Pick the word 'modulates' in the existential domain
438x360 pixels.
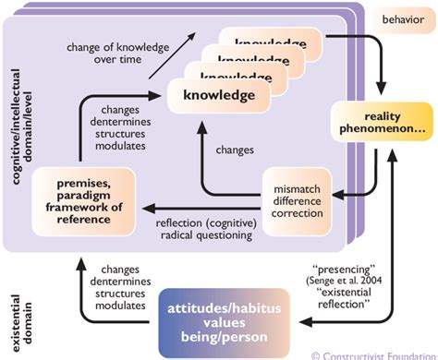pyautogui.click(x=116, y=305)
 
